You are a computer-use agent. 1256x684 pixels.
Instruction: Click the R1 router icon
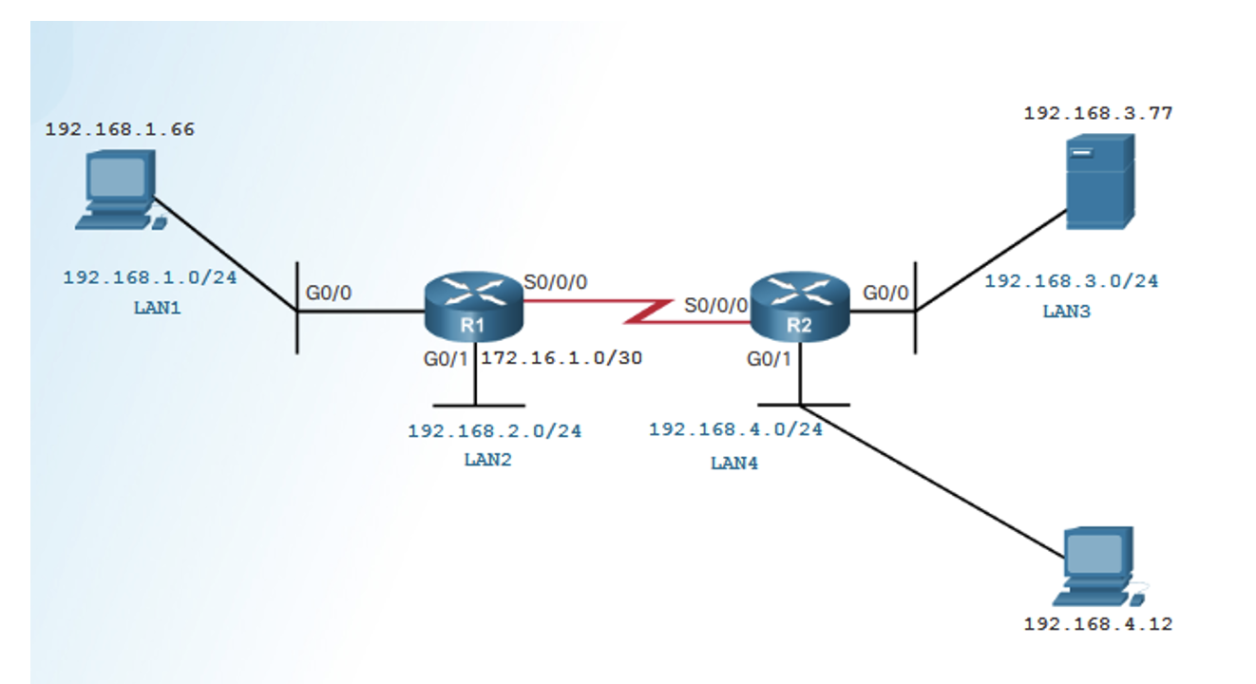click(x=473, y=305)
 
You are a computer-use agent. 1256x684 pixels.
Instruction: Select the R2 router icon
click(x=799, y=305)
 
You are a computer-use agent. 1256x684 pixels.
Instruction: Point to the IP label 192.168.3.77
click(x=1097, y=113)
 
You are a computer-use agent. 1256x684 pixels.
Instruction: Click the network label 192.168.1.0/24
click(x=149, y=277)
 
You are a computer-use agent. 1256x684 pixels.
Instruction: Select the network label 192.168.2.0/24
click(x=494, y=430)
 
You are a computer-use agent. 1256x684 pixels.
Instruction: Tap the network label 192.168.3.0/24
click(x=1071, y=281)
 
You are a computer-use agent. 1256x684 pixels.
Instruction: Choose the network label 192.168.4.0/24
click(x=735, y=428)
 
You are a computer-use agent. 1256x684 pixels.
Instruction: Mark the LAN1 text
click(x=156, y=309)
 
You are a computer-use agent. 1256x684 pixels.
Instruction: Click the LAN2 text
click(x=487, y=460)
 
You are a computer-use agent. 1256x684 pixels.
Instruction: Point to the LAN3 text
click(x=1066, y=311)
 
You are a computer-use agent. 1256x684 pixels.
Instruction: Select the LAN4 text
click(x=734, y=464)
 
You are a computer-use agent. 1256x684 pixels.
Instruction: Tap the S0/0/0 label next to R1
click(x=556, y=282)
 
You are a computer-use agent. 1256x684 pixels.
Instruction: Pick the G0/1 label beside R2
click(x=769, y=359)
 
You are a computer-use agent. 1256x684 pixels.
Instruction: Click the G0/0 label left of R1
click(x=328, y=293)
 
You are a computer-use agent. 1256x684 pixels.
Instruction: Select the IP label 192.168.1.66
click(x=120, y=129)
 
